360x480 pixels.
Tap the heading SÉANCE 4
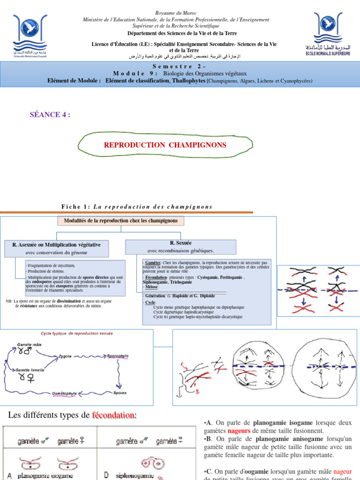tap(50, 115)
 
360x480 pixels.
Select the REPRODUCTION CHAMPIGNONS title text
tap(165, 145)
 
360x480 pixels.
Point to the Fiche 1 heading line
tap(137, 207)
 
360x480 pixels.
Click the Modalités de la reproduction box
tap(120, 221)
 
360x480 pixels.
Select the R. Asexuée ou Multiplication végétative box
tap(56, 248)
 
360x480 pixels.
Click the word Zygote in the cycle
tap(65, 356)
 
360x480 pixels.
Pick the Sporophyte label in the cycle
tap(118, 356)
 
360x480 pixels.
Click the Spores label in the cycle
tap(120, 393)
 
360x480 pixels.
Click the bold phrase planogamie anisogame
tap(289, 439)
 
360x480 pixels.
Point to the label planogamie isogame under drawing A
tap(45, 476)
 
